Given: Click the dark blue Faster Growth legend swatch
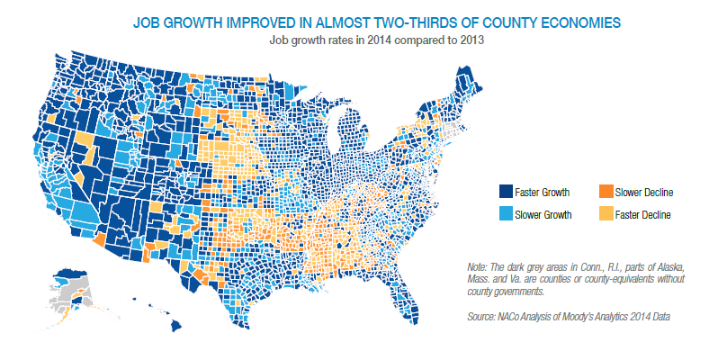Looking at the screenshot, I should [x=507, y=192].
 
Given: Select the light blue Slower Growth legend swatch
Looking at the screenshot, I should [x=507, y=214].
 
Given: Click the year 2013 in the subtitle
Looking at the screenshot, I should [x=468, y=40].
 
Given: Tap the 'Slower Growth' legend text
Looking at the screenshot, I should [x=546, y=215].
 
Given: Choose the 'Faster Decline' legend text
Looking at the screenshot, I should [x=643, y=215].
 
